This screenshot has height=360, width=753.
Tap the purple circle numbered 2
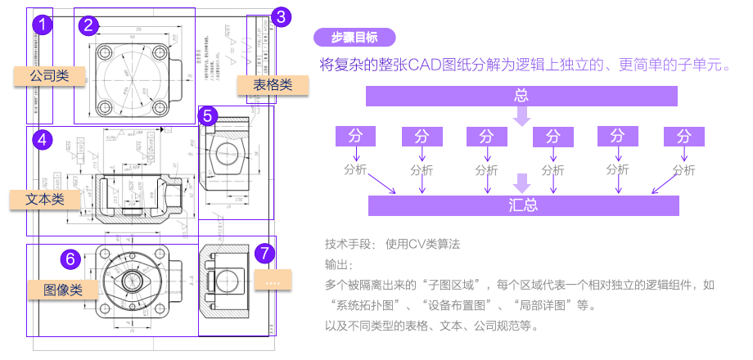tap(89, 25)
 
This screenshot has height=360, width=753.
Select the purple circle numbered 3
tap(281, 16)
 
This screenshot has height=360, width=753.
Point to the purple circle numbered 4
tap(43, 140)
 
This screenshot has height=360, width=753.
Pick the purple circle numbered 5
tap(209, 116)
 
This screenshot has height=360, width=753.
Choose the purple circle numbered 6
tap(70, 259)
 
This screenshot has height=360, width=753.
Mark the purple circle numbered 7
tap(263, 253)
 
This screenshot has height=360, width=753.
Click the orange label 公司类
tap(49, 76)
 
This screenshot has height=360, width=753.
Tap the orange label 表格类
tap(273, 84)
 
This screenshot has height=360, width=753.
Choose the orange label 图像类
tap(62, 289)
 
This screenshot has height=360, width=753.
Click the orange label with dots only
tap(273, 281)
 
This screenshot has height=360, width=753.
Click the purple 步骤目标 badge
tap(354, 37)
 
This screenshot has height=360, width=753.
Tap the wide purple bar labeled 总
tap(521, 96)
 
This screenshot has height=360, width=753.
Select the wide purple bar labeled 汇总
tap(524, 205)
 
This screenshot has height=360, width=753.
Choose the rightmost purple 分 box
tap(684, 136)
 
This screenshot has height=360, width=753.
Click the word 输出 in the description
tap(338, 265)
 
